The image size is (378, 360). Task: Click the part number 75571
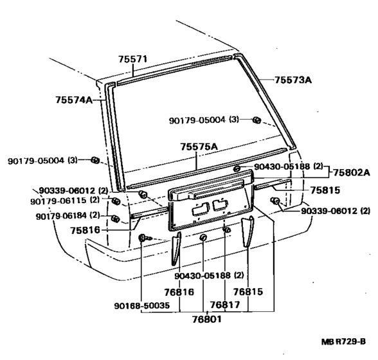tap(133, 59)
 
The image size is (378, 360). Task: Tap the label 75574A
tap(73, 100)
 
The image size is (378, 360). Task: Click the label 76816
tap(177, 291)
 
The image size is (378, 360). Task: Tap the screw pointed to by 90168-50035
tap(142, 239)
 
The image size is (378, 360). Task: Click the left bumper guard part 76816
tap(175, 248)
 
